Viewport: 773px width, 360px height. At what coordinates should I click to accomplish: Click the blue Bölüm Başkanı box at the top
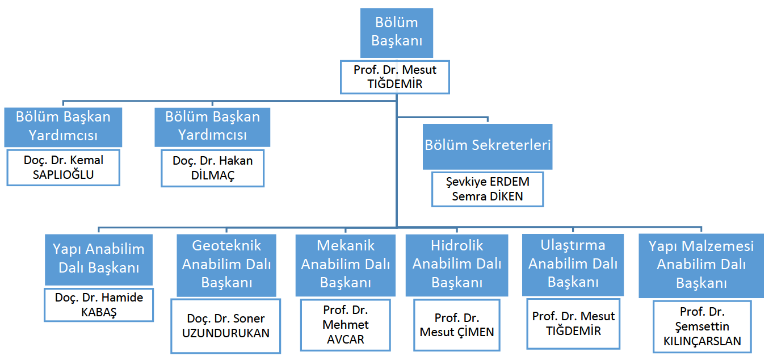(396, 32)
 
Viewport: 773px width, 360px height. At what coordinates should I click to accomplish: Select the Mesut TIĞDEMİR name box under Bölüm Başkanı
(395, 77)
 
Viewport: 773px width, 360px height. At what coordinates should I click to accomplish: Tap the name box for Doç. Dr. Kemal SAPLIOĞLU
(64, 168)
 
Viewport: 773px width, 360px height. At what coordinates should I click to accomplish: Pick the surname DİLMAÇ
(213, 175)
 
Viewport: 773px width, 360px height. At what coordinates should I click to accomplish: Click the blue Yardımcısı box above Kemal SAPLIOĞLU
(64, 126)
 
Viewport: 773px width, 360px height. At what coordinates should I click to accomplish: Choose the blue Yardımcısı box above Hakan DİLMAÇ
(213, 126)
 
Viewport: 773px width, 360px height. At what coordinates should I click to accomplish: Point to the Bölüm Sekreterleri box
(488, 145)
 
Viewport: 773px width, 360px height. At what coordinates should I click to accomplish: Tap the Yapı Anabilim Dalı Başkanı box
(99, 258)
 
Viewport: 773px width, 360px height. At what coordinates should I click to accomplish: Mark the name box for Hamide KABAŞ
(99, 305)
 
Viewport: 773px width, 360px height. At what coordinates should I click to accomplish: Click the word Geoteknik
(226, 245)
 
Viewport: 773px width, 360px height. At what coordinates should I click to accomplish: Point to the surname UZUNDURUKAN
(226, 333)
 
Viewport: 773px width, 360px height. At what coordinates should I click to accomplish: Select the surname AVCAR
(346, 340)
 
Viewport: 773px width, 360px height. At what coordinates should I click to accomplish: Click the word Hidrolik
(457, 245)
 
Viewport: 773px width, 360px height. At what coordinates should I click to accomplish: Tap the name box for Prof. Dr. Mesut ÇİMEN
(457, 325)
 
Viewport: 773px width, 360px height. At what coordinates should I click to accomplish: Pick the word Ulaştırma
(573, 245)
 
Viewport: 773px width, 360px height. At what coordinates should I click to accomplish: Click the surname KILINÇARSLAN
(702, 341)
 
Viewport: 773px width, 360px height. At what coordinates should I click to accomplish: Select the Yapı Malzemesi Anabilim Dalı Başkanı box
(701, 265)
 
